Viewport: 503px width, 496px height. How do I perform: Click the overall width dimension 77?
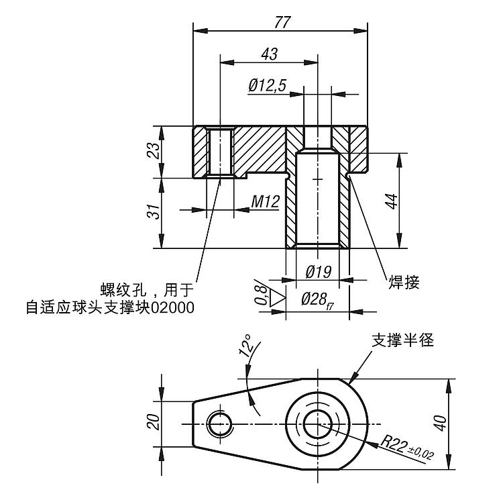[x=282, y=22]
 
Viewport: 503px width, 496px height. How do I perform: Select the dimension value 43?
[x=271, y=54]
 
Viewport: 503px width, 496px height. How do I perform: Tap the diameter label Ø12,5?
[x=267, y=85]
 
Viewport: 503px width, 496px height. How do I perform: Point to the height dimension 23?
[x=154, y=151]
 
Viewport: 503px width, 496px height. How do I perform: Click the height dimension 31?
[x=154, y=212]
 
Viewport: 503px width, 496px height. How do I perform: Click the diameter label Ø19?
[x=319, y=272]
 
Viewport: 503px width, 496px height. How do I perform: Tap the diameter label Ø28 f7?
[x=319, y=300]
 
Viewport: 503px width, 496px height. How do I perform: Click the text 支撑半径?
[x=403, y=340]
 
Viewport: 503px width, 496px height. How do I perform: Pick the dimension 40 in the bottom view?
[x=440, y=424]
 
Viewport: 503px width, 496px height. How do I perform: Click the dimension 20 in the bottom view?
[x=154, y=422]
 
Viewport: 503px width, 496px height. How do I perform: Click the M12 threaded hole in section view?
[x=219, y=152]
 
